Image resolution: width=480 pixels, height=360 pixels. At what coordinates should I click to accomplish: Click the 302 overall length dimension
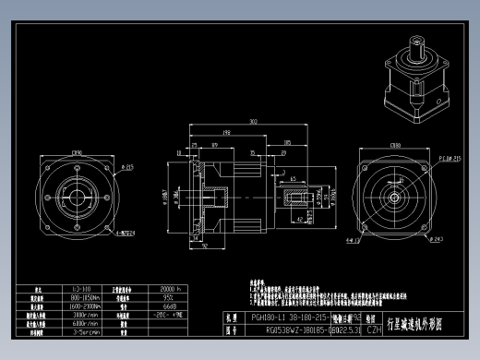pyautogui.click(x=251, y=122)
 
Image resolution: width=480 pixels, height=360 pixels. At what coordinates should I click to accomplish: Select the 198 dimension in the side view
pyautogui.click(x=226, y=132)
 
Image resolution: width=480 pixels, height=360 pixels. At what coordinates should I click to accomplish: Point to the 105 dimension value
pyautogui.click(x=287, y=142)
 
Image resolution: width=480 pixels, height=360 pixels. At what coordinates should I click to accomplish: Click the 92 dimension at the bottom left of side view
pyautogui.click(x=204, y=246)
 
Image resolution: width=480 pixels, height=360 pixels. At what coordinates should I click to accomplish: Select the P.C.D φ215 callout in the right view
pyautogui.click(x=449, y=158)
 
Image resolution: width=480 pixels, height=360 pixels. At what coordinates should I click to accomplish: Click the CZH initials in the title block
pyautogui.click(x=374, y=329)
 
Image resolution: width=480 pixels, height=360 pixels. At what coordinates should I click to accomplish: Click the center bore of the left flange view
pyautogui.click(x=76, y=197)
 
